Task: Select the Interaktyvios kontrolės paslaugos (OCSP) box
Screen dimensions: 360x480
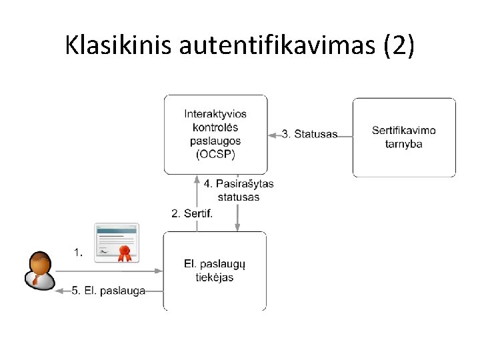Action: [215, 134]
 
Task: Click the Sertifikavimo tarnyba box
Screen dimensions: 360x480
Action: [404, 137]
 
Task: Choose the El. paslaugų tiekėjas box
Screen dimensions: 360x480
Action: [215, 271]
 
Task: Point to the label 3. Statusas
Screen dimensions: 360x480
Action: [309, 134]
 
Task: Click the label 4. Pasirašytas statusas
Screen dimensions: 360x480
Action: [238, 190]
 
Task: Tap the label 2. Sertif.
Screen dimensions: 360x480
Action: [192, 213]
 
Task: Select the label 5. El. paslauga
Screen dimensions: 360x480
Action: [109, 291]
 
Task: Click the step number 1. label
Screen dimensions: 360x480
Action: [79, 252]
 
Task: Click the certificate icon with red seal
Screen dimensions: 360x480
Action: [117, 243]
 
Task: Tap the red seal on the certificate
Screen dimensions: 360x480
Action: [123, 253]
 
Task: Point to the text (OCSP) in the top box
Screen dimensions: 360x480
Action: [215, 154]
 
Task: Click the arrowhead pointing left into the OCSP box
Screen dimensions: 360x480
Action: [271, 135]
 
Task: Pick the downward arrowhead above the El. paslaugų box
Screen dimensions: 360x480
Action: [237, 227]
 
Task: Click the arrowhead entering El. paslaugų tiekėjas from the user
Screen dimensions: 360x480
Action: [159, 271]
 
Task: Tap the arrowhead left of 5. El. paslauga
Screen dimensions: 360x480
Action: [59, 291]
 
